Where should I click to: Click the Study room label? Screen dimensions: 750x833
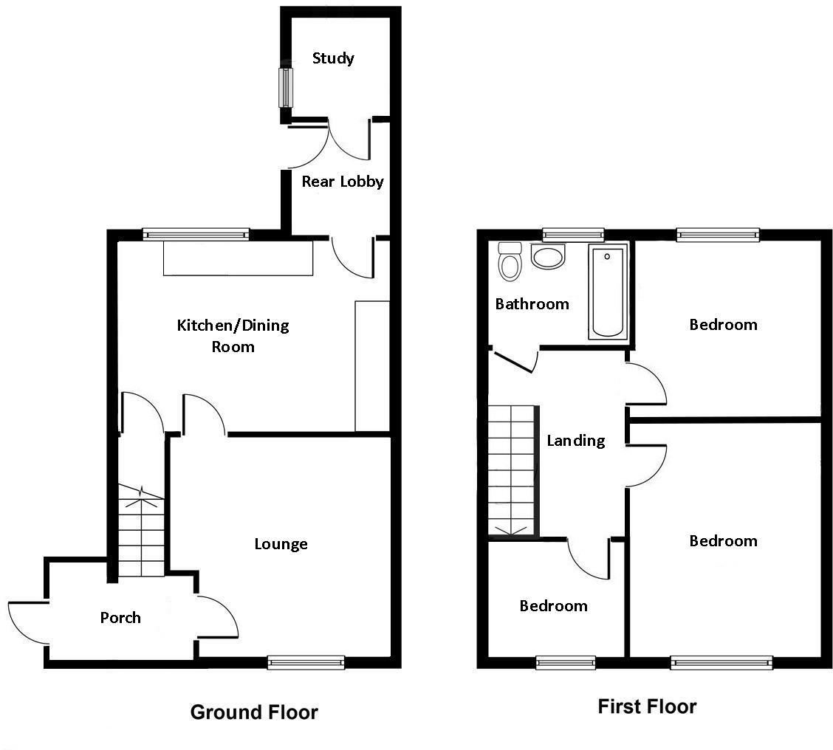pos(333,58)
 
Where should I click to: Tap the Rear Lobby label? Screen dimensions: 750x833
pos(342,181)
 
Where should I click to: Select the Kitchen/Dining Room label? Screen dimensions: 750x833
pos(233,335)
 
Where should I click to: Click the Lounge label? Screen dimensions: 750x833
pos(281,544)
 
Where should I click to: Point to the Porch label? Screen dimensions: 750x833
pos(120,617)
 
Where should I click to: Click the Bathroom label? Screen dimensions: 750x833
pos(532,303)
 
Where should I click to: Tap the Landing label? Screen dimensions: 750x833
pos(575,441)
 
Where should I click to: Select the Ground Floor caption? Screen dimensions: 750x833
pos(254,712)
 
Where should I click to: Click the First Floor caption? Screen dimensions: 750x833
pos(647,706)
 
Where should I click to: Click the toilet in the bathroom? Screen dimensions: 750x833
pos(509,262)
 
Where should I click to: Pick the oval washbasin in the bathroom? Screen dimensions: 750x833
pos(548,258)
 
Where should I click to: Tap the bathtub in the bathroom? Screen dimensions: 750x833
pos(607,292)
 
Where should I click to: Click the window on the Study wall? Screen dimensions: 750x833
pos(284,87)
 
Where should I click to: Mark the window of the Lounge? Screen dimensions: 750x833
pos(306,662)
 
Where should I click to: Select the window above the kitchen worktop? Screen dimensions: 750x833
pos(196,234)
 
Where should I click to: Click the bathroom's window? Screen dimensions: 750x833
pos(573,235)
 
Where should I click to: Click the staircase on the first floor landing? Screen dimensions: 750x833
pos(511,469)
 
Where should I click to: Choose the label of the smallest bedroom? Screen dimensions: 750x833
pos(553,606)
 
